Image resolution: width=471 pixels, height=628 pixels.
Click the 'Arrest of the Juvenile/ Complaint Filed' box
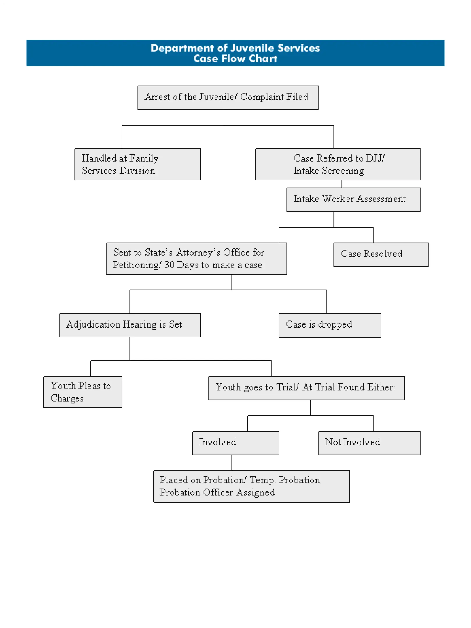(228, 98)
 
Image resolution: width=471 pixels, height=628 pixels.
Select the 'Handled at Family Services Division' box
(138, 164)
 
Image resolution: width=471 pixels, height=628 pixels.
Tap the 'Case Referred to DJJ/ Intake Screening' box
(338, 164)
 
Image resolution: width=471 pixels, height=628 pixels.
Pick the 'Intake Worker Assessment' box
(353, 200)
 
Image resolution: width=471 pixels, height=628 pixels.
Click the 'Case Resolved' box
(381, 255)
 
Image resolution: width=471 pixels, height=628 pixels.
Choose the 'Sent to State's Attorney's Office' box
(196, 259)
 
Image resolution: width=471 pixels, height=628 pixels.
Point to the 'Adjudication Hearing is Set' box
(130, 325)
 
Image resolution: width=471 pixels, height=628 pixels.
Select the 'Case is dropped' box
(330, 325)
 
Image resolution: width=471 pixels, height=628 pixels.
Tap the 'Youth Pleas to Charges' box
(83, 392)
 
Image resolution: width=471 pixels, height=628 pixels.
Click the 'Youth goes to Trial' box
(306, 388)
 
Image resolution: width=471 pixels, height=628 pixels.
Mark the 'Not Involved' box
(369, 443)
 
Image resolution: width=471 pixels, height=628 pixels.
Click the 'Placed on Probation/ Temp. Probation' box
(251, 486)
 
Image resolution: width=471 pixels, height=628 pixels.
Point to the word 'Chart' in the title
(263, 59)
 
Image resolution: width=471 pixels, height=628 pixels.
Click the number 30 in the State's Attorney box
(169, 265)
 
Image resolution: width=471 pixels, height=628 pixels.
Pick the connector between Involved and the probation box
(232, 463)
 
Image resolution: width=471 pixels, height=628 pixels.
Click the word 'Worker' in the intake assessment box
(338, 199)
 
